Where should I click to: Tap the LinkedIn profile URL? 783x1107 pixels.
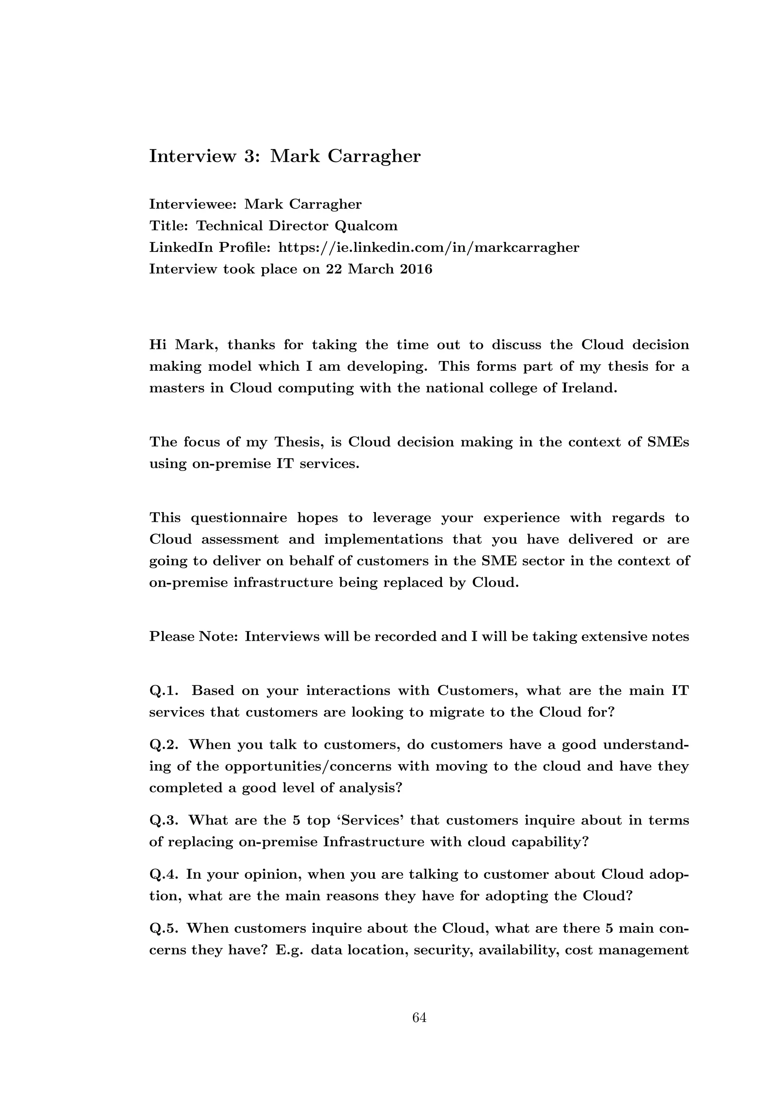point(429,247)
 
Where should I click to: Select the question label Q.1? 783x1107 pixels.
point(164,691)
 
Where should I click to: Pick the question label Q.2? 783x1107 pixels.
point(164,745)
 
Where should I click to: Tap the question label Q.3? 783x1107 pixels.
point(164,821)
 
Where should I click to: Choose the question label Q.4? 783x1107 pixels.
point(164,875)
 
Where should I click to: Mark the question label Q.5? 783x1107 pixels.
point(164,928)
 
